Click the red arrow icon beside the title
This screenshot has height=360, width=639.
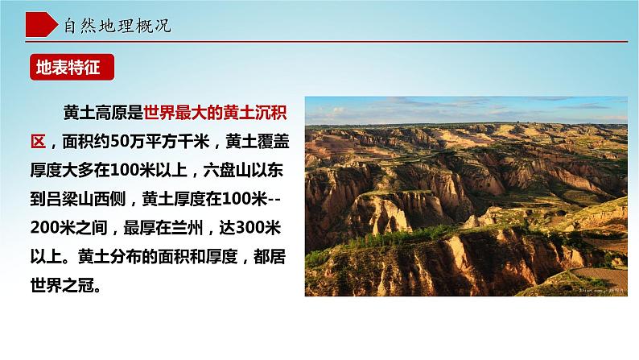tap(41, 24)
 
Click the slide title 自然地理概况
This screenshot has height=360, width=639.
tap(117, 26)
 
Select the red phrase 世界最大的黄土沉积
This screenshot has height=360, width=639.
tap(215, 113)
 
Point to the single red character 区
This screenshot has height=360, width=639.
tap(38, 142)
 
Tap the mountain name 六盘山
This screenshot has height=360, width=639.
tap(227, 171)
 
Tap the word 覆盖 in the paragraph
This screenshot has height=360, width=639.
tap(274, 142)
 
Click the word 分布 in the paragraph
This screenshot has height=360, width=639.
tap(126, 256)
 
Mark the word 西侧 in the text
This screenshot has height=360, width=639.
tap(109, 199)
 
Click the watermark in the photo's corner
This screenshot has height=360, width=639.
tap(601, 290)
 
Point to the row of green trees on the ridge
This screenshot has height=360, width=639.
tap(391, 238)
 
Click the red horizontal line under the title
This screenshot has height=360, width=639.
tap(326, 42)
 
